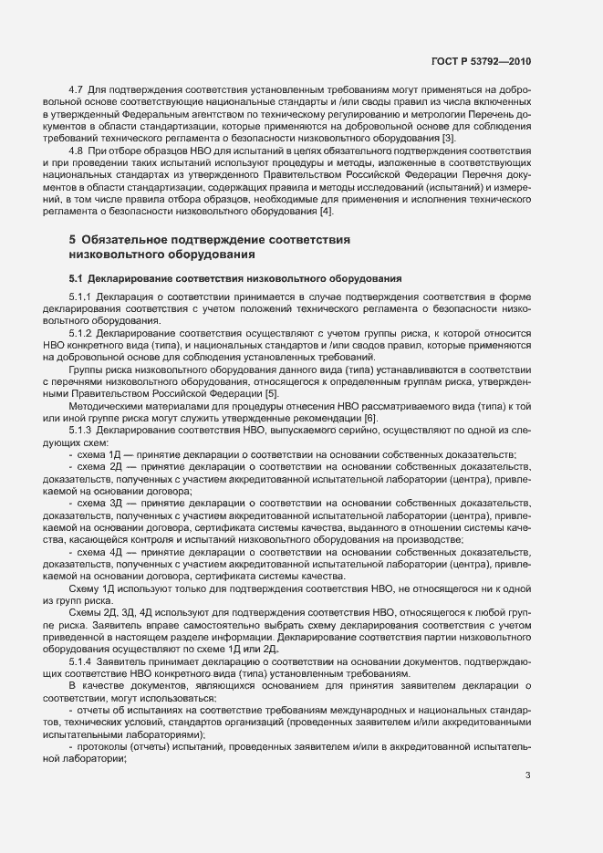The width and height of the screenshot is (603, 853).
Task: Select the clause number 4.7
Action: [76, 89]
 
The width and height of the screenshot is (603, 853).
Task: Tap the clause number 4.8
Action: [76, 149]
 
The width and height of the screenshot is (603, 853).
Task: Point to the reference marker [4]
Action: [327, 212]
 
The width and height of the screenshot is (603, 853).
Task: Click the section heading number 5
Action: [73, 240]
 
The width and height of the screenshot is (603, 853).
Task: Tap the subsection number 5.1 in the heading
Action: [77, 277]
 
